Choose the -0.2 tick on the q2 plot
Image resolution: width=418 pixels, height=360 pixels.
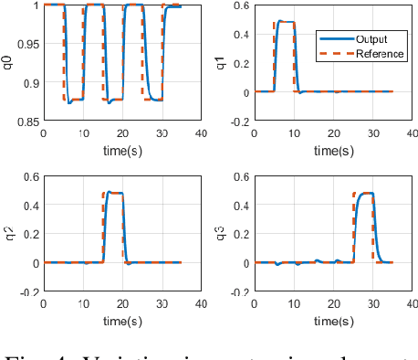[x=26, y=292]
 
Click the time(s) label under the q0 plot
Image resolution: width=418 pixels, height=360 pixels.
[x=121, y=151]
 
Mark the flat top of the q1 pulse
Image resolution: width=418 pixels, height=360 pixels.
[x=285, y=22]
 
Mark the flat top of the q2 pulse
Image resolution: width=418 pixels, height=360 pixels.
[x=116, y=193]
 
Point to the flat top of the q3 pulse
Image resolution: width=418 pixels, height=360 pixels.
[x=365, y=194]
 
